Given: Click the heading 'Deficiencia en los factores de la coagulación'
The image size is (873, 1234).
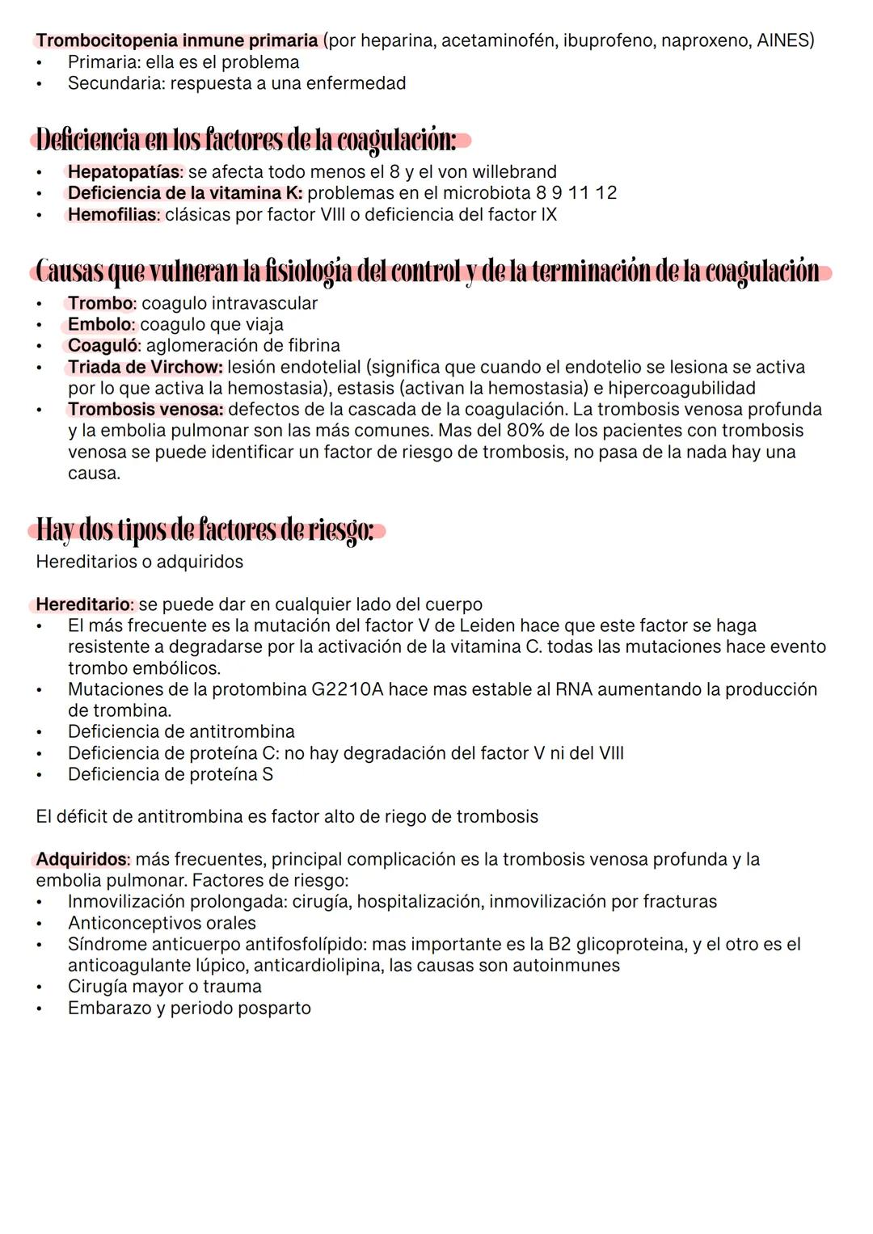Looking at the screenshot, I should point(247,141).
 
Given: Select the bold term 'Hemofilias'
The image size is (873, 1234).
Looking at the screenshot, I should point(114,215).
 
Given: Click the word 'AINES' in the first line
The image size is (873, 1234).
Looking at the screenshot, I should point(784,40).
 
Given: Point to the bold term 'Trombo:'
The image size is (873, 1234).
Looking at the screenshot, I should point(101,303).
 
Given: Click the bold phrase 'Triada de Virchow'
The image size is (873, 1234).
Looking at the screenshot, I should point(145,367).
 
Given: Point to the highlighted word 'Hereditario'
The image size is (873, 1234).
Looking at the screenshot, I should point(83,604).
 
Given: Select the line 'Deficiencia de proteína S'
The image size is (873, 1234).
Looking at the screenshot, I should point(171,774).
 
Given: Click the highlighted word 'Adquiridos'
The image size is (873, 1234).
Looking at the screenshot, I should point(82,859).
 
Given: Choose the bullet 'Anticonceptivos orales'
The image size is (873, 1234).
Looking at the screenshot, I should point(162,923).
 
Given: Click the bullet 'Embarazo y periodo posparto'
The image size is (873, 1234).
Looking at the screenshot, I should point(189,1008).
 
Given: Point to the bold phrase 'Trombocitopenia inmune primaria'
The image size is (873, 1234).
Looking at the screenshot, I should point(177,40).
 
